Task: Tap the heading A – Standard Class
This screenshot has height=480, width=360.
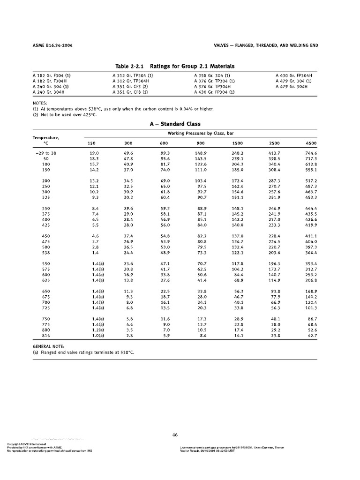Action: coord(174,124)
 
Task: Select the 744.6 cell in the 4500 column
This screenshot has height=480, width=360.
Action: coord(311,153)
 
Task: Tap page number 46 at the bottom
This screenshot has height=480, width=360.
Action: coord(175,435)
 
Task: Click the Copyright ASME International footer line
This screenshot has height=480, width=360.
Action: coord(26,444)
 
